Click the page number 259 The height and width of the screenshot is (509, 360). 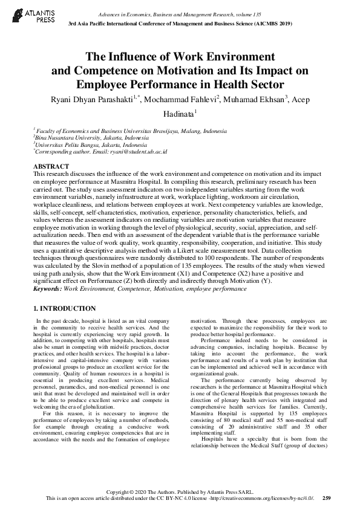(x=327, y=498)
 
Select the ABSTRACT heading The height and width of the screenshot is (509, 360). (x=51, y=166)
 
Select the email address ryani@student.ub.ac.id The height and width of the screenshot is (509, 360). (x=139, y=152)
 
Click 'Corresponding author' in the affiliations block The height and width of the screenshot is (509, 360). (x=60, y=152)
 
